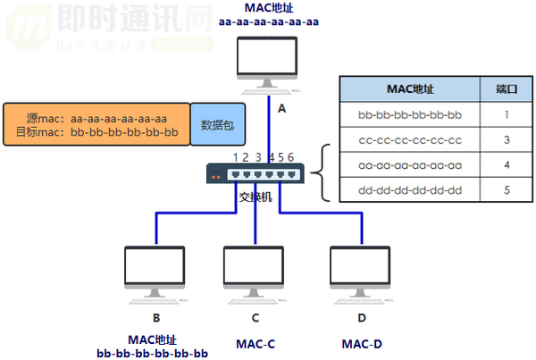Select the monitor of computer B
pos(155,266)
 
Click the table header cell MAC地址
pos(409,90)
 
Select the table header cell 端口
pos(507,90)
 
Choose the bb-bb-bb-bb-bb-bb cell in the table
pos(409,115)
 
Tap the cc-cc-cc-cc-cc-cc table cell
pos(409,140)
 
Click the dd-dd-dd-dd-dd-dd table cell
pos(409,190)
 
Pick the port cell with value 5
pos(507,190)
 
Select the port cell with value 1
pos(507,115)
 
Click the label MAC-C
pos(255,344)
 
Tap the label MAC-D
pos(362,344)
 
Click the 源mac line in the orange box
pos(96,118)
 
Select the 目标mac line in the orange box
pos(96,133)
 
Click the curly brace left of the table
pos(326,165)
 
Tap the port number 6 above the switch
pos(291,157)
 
